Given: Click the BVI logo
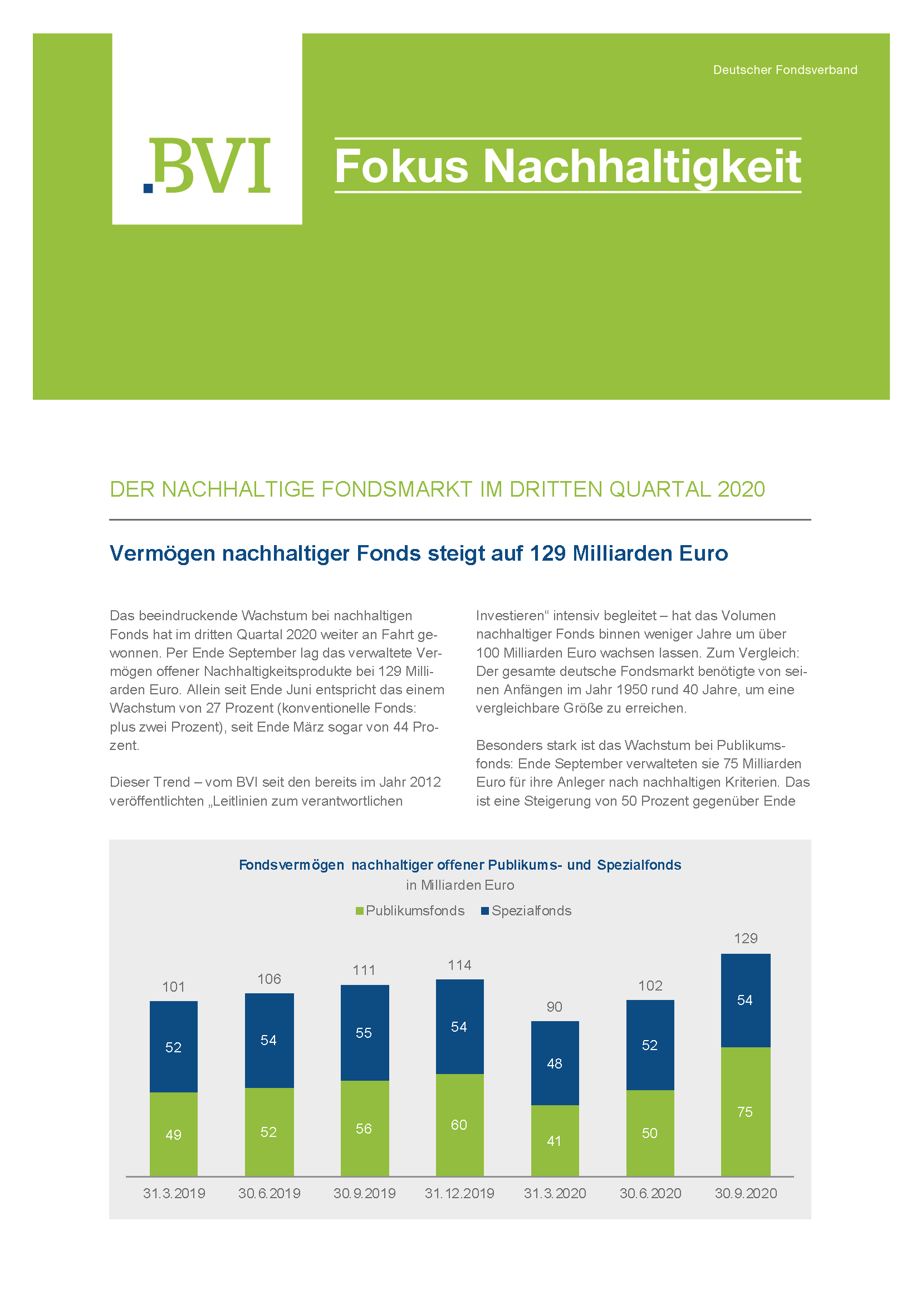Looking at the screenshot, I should click(207, 165).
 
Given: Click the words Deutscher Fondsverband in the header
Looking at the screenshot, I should click(785, 70).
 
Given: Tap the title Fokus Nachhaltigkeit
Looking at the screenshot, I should click(567, 166).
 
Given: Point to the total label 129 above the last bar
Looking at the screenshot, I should click(746, 938).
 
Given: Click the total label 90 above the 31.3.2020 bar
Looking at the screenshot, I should click(554, 1007).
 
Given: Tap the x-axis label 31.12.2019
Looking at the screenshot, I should click(459, 1193).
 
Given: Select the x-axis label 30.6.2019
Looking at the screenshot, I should click(269, 1193).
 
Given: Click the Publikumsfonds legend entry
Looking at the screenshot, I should click(410, 910).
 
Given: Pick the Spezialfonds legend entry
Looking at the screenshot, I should click(526, 910).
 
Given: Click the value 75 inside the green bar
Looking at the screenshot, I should click(745, 1112).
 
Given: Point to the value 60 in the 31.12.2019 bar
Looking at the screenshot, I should click(459, 1125).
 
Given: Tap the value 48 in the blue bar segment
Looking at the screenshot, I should click(554, 1063).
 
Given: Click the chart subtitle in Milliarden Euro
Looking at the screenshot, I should click(459, 885).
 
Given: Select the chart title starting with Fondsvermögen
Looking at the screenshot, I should click(459, 865).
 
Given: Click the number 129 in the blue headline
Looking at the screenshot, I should click(547, 553).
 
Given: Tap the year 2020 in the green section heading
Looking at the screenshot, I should click(741, 489).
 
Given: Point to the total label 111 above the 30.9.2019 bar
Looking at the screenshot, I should click(364, 970).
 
